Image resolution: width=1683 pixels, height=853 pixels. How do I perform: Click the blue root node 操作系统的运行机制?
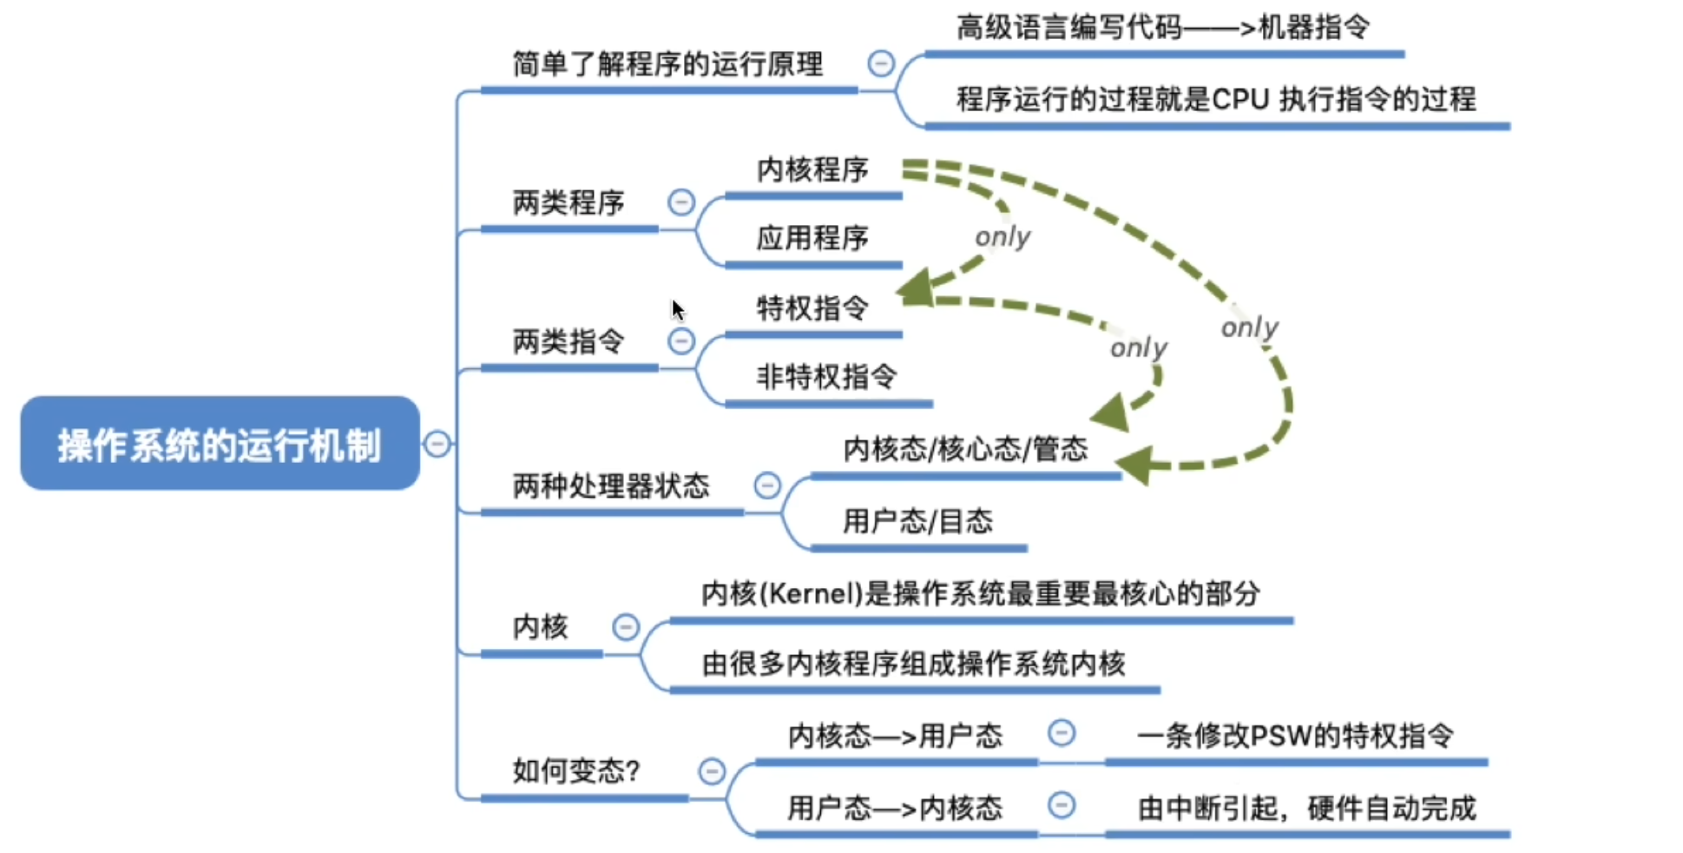pyautogui.click(x=220, y=444)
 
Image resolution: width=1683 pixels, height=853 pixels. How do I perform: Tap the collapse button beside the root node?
pyautogui.click(x=437, y=444)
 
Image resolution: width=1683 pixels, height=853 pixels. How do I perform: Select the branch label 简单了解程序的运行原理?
pyautogui.click(x=667, y=64)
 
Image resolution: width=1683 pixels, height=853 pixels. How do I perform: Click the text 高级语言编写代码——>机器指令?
pyautogui.click(x=1162, y=28)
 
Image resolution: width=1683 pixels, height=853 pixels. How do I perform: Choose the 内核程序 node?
pyautogui.click(x=812, y=169)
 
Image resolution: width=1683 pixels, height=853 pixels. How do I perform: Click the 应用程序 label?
pyautogui.click(x=812, y=238)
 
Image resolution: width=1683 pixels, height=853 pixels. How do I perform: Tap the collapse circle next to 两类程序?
pyautogui.click(x=681, y=202)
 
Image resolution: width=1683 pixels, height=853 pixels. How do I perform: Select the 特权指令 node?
pyautogui.click(x=812, y=307)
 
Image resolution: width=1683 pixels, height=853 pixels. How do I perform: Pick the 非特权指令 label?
pyautogui.click(x=826, y=377)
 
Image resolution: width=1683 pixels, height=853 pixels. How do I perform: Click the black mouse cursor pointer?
pyautogui.click(x=678, y=309)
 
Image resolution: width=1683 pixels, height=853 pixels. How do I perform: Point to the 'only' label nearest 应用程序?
pyautogui.click(x=1003, y=236)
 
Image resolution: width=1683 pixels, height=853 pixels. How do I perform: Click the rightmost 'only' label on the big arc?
pyautogui.click(x=1249, y=327)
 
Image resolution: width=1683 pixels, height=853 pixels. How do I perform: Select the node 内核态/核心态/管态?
pyautogui.click(x=965, y=449)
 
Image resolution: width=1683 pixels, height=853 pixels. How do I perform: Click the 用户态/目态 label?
pyautogui.click(x=917, y=521)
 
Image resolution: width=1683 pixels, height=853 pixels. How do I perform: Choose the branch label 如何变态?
pyautogui.click(x=575, y=770)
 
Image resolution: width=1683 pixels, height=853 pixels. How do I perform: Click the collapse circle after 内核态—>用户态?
pyautogui.click(x=1061, y=733)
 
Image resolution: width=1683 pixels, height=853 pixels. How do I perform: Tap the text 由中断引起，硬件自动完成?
pyautogui.click(x=1306, y=809)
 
